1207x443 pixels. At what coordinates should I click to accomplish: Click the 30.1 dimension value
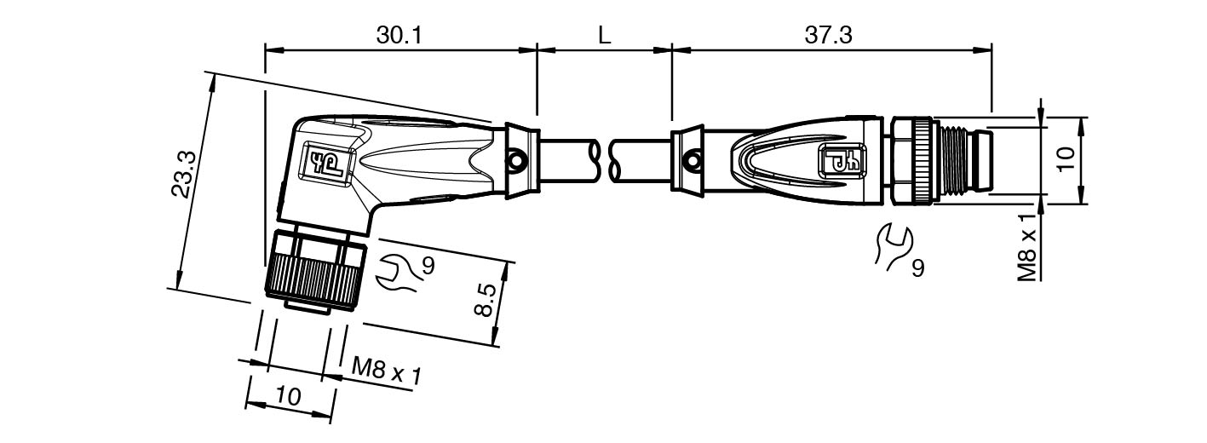(x=399, y=36)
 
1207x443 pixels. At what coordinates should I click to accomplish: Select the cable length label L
(x=605, y=36)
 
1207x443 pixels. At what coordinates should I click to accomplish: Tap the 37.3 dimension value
(x=829, y=36)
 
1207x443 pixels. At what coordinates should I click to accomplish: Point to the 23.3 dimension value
(x=183, y=175)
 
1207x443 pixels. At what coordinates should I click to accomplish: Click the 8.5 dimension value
(x=484, y=300)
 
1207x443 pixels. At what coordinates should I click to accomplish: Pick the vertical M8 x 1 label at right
(x=1027, y=247)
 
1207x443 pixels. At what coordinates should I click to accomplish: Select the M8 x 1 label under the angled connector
(x=387, y=371)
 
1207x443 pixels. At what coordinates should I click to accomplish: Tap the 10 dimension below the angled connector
(x=289, y=397)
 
